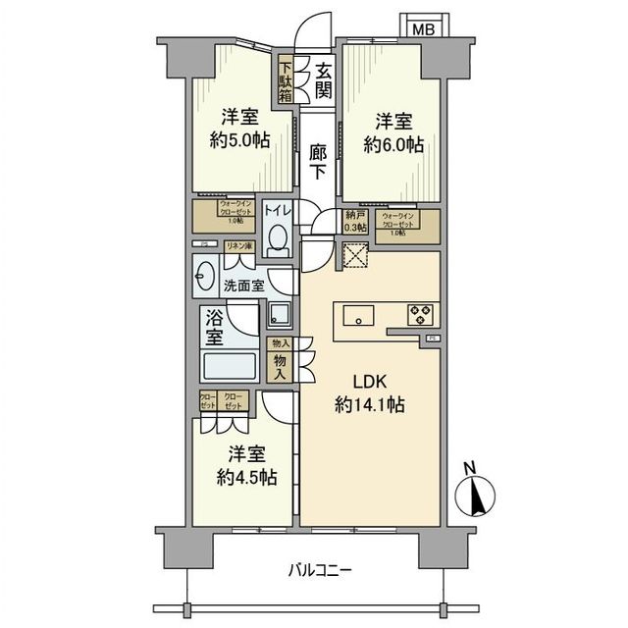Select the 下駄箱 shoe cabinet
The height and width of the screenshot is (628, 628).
pos(286,78)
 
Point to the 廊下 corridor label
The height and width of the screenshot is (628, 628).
pos(318,161)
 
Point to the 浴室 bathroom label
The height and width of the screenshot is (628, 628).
pos(214,327)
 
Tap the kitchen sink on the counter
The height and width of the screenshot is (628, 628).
pos(359,315)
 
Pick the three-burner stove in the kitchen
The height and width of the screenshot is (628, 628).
pos(422,315)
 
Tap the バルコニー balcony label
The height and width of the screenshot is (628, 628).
pos(320,570)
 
